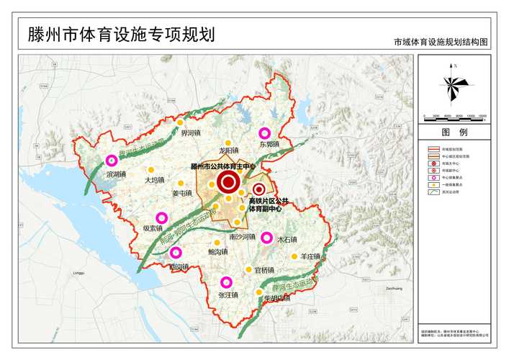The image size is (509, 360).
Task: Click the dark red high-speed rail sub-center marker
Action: tap(258, 189)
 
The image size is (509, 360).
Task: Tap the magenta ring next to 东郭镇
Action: tap(264, 133)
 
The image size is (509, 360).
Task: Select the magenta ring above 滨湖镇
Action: tap(112, 161)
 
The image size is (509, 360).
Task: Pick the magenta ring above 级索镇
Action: tap(161, 217)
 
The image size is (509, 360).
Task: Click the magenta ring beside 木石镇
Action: tap(266, 238)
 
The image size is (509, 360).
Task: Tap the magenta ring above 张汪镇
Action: tap(227, 282)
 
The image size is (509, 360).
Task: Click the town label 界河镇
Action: tap(191, 134)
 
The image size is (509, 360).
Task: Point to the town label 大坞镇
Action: tap(155, 180)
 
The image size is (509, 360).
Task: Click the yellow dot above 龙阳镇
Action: tap(228, 143)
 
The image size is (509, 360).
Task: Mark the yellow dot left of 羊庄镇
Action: tap(294, 256)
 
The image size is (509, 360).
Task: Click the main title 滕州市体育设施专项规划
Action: tap(121, 35)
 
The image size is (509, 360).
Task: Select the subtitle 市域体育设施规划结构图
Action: tap(441, 43)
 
